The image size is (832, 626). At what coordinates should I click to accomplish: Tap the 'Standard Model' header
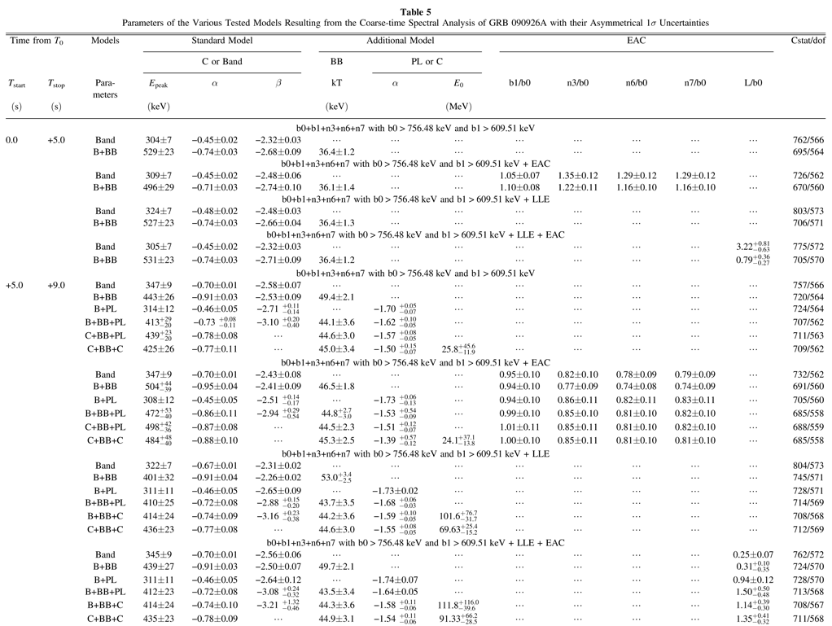(x=222, y=40)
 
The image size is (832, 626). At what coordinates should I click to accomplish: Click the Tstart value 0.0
(x=11, y=140)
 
